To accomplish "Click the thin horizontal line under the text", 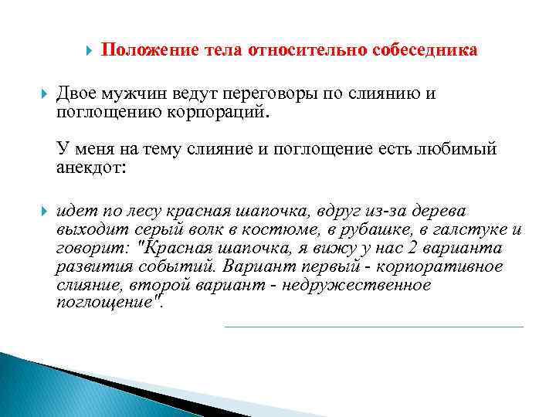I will [x=374, y=327].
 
